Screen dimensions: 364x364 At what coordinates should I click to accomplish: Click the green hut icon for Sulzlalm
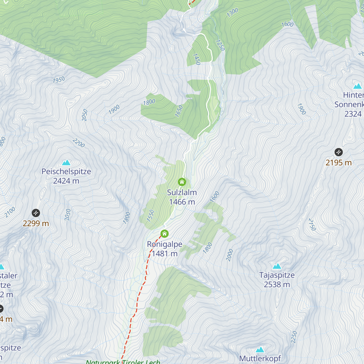point(182,182)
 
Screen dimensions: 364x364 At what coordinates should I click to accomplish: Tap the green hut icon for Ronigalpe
point(164,234)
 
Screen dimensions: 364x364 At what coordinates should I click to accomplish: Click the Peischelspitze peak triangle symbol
point(66,163)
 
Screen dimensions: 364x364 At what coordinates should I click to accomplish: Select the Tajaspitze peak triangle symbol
point(277,267)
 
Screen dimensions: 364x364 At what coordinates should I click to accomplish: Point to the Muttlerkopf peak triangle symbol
point(260,350)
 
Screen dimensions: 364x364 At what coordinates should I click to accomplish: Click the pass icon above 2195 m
point(339,152)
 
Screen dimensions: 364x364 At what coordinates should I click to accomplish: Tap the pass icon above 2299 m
point(36,213)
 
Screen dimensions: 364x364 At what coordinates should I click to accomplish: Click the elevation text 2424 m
point(66,181)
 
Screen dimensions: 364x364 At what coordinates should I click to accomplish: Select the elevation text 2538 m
point(277,285)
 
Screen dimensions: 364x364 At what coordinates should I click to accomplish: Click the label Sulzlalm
point(182,192)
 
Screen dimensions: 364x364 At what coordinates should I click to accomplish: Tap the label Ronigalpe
point(164,244)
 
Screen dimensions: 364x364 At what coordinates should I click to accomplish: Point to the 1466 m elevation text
point(182,202)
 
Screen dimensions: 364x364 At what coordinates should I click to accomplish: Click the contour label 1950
point(59,80)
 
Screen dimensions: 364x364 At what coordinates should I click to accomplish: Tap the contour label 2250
point(294,337)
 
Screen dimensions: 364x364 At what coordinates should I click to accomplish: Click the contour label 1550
point(150,215)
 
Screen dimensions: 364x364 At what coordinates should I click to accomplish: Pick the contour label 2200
point(79,143)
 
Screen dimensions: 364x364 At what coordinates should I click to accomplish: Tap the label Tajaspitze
point(277,275)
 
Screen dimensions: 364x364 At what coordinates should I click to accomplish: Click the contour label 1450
point(197,59)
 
